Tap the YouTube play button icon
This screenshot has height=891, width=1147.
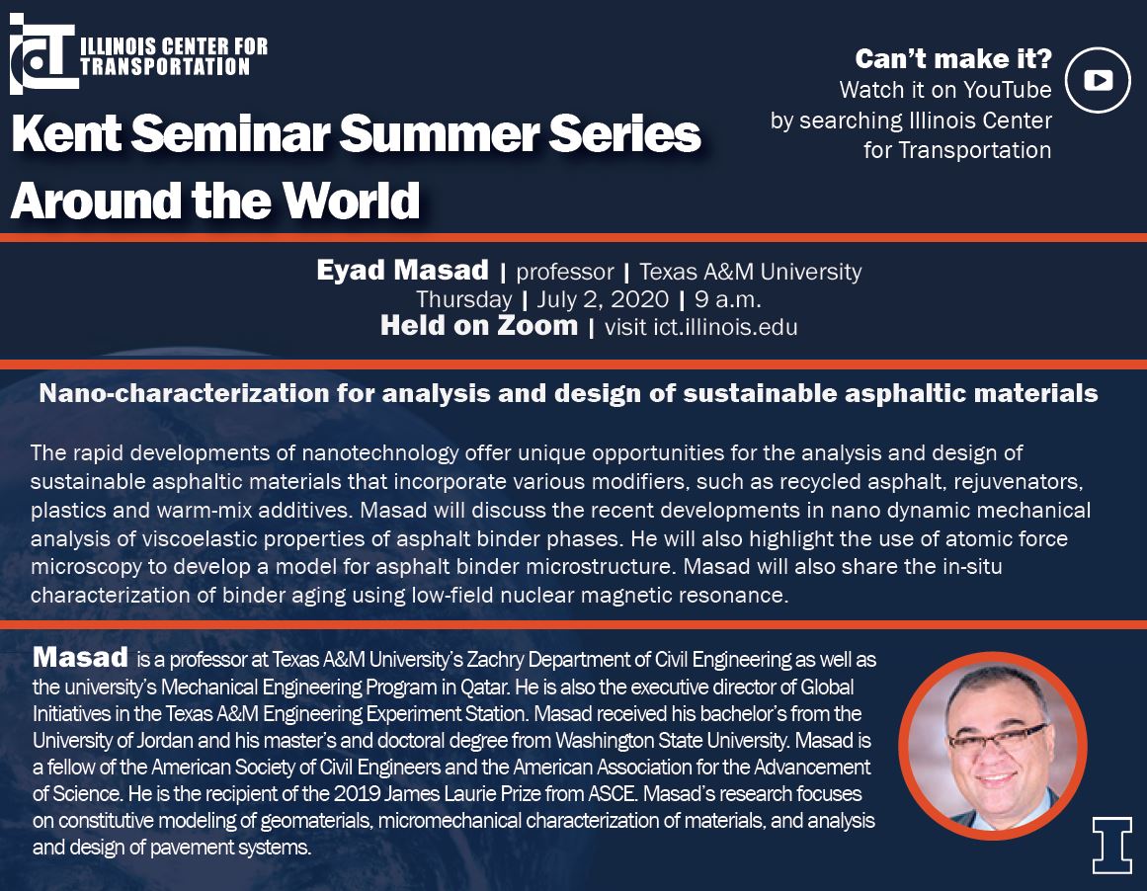pyautogui.click(x=1098, y=80)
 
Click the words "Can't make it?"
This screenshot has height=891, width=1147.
pyautogui.click(x=953, y=58)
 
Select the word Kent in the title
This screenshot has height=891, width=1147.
pyautogui.click(x=66, y=133)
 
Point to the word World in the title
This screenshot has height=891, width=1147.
pyautogui.click(x=351, y=200)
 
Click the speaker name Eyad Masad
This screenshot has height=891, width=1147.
pyautogui.click(x=402, y=270)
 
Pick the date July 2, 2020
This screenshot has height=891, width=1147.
pyautogui.click(x=603, y=299)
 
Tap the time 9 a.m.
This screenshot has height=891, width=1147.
pyautogui.click(x=728, y=299)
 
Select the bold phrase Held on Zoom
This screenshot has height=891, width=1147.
pyautogui.click(x=479, y=326)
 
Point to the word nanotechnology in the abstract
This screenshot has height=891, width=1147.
pyautogui.click(x=379, y=452)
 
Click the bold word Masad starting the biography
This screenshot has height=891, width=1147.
pyautogui.click(x=80, y=657)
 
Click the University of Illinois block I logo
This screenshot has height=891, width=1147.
pyautogui.click(x=1111, y=845)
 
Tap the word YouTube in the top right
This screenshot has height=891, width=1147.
pyautogui.click(x=1008, y=89)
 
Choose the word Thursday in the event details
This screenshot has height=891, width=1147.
pyautogui.click(x=463, y=300)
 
